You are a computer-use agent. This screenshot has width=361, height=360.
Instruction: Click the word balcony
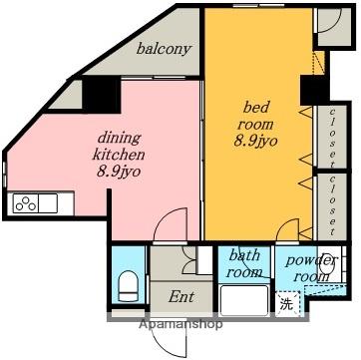click(x=164, y=50)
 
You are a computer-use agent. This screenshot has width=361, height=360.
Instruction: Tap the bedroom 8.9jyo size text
click(x=255, y=142)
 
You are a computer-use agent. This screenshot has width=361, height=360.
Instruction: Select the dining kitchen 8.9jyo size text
click(x=118, y=172)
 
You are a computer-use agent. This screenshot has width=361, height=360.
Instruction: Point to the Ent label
click(x=180, y=296)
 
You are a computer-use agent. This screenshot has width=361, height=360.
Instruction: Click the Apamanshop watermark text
click(x=180, y=323)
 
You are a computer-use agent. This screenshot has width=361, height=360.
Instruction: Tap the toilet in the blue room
click(x=129, y=285)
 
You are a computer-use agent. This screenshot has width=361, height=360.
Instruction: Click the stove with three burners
click(x=26, y=203)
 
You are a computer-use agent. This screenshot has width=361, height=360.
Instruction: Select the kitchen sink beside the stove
click(x=48, y=203)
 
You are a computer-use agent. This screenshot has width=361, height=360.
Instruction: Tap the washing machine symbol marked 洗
click(x=287, y=304)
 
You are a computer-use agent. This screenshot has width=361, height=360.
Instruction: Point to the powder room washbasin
click(x=327, y=264)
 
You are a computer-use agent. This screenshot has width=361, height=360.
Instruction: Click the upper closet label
click(x=332, y=138)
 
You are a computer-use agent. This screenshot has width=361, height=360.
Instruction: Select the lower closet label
click(x=332, y=205)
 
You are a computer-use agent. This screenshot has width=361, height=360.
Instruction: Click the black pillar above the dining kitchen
click(x=102, y=95)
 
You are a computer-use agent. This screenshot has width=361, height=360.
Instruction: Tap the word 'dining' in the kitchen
click(x=119, y=139)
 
